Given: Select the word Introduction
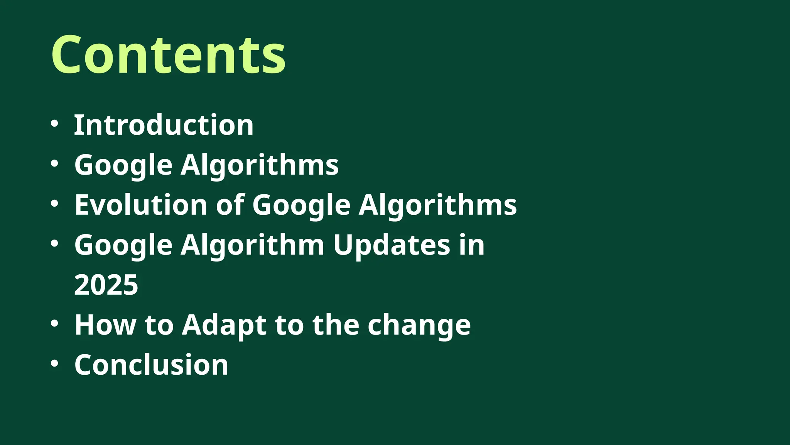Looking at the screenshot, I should (x=164, y=125).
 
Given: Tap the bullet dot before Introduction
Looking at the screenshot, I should (x=54, y=124).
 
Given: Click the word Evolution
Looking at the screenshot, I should (x=141, y=205).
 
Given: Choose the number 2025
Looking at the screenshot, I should (x=106, y=285).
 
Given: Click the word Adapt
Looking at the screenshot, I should (x=224, y=325).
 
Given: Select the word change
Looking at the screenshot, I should (x=419, y=325).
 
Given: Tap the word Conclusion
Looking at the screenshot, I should (x=151, y=365).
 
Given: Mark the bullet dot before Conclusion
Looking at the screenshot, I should (x=54, y=363).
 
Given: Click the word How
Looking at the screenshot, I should (x=105, y=325).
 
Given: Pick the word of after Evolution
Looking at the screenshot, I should (x=230, y=205).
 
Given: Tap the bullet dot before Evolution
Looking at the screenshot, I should (x=54, y=203).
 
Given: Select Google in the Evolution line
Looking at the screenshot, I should (x=301, y=205).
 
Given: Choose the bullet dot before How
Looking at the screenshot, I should (x=54, y=323).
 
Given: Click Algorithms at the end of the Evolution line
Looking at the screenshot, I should (x=438, y=205).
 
